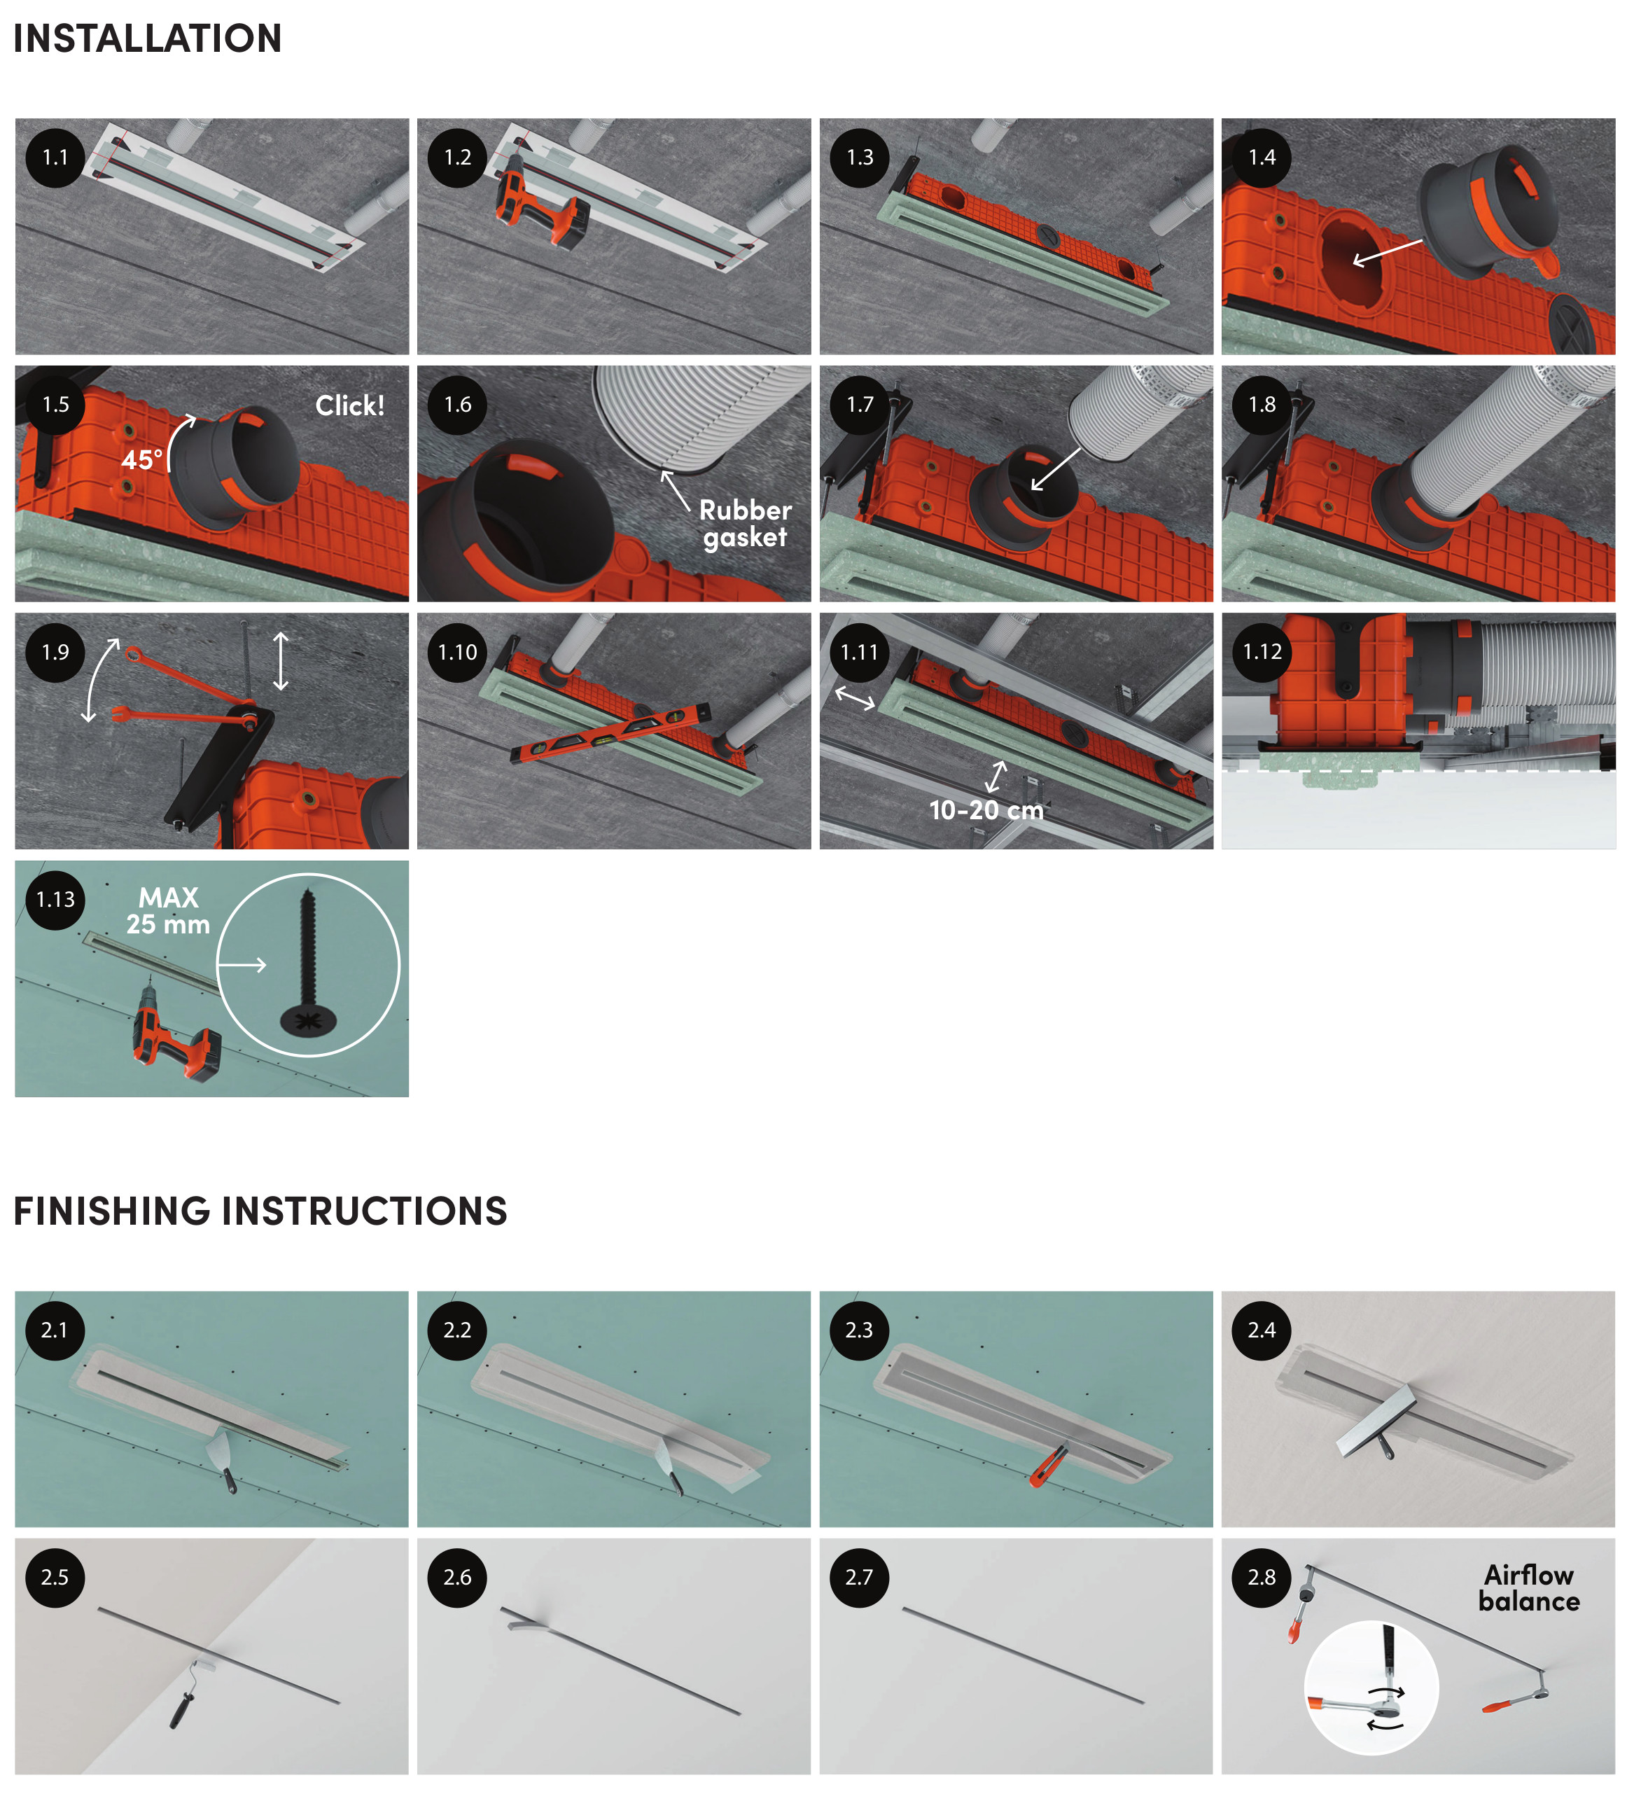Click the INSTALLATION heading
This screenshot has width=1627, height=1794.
tap(147, 39)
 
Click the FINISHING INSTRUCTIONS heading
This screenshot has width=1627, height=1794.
tap(260, 1211)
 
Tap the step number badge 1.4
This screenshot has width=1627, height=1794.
tap(1262, 158)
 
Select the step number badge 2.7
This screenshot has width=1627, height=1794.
tap(859, 1578)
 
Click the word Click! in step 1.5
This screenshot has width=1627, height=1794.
tap(349, 406)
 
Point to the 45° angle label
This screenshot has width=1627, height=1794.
tap(142, 459)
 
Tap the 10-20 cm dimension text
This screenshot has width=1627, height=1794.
tap(986, 809)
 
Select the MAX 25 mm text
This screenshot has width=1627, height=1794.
tap(168, 911)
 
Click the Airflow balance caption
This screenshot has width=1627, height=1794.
tap(1528, 1588)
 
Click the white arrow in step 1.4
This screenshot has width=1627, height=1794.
tap(1387, 253)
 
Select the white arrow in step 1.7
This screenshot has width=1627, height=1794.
tap(1055, 470)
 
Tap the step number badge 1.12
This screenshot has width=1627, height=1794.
tap(1262, 653)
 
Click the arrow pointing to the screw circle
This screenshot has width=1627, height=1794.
tap(242, 965)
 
